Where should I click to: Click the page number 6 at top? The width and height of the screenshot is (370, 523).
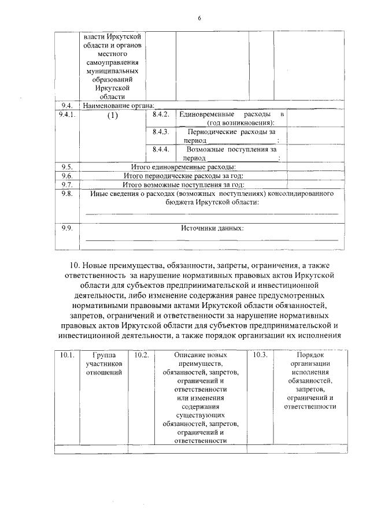tap(198, 18)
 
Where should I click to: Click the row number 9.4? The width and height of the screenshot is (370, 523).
tap(66, 105)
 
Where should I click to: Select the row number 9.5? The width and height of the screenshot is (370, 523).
tap(66, 167)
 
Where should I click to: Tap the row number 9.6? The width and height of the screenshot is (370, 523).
tap(66, 176)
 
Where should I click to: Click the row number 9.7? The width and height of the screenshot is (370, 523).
tap(66, 184)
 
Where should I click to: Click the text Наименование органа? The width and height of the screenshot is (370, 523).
tap(119, 105)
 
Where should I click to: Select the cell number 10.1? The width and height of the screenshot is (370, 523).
tap(66, 355)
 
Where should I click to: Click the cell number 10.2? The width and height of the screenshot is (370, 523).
tap(141, 355)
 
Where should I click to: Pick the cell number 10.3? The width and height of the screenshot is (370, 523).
tap(260, 355)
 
